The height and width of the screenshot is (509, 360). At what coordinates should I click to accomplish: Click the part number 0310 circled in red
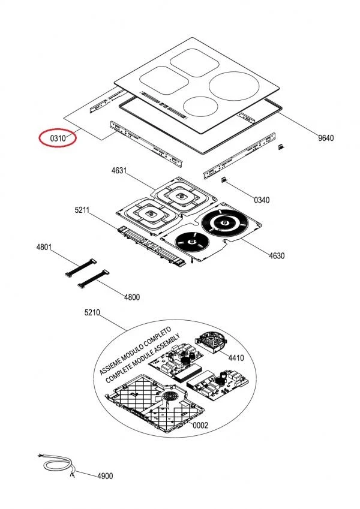pos(58,138)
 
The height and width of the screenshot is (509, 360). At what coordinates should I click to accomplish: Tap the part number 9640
pos(325,138)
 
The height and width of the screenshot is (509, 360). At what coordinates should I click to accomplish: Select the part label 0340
pos(262,200)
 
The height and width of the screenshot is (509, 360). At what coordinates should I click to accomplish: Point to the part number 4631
pos(119,171)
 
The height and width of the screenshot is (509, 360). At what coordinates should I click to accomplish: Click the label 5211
pos(82,210)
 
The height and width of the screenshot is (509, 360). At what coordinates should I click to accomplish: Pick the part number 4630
pos(277,255)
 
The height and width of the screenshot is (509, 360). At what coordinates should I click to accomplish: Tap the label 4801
pos(44,247)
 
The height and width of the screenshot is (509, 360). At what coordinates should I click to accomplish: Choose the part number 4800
pos(131,297)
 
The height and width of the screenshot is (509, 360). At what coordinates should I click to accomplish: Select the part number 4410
pos(236,358)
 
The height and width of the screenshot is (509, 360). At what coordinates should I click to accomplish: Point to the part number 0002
pos(200,425)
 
